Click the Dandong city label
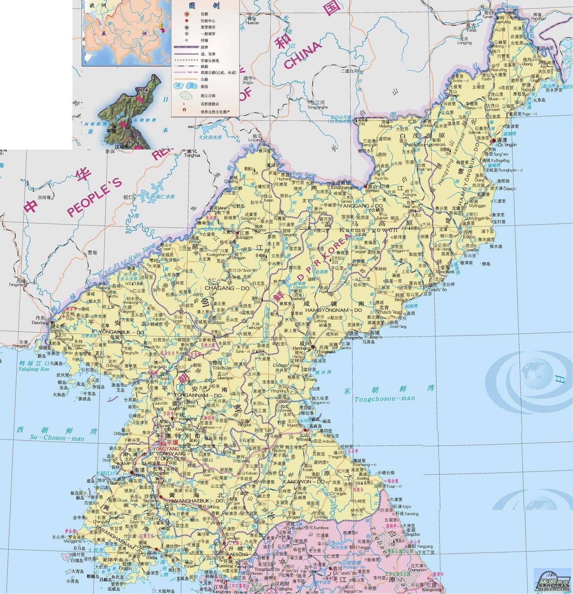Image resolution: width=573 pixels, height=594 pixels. pyautogui.click(x=37, y=323)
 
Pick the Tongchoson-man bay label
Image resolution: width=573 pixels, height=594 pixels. pyautogui.click(x=384, y=399)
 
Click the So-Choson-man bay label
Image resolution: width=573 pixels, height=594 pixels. pyautogui.click(x=57, y=438)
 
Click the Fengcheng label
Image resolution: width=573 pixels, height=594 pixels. pyautogui.click(x=18, y=284)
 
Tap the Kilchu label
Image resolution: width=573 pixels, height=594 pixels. pyautogui.click(x=468, y=237)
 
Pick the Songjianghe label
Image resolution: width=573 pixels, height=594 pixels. pyautogui.click(x=317, y=107)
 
